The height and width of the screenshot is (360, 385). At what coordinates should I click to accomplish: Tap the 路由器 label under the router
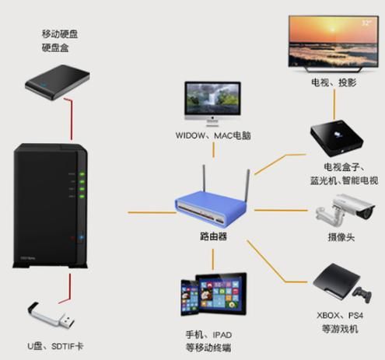[212, 236]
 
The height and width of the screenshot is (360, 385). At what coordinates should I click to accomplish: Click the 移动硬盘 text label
[59, 35]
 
